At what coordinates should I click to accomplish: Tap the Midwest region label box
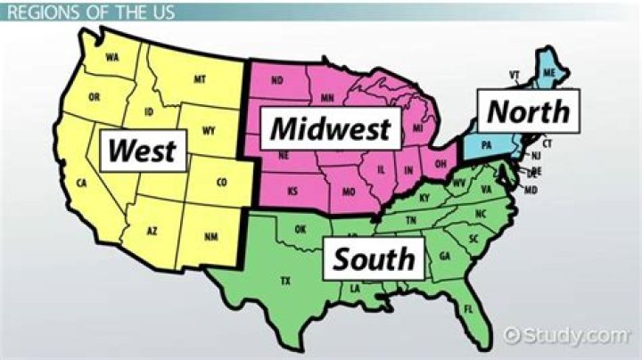coord(331,129)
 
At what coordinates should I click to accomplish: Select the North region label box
coord(528,111)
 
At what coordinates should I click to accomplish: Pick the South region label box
coord(374,258)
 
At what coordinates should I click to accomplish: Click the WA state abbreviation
coord(112,58)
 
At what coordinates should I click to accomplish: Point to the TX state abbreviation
coord(285,281)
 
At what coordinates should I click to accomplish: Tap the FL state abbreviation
coord(468,308)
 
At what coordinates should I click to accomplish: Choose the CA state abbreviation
coord(81,184)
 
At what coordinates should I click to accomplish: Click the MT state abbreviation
coord(199,80)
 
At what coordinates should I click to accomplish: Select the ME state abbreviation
coord(549,72)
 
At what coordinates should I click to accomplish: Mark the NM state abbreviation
coord(210,236)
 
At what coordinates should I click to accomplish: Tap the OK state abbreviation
coord(300,229)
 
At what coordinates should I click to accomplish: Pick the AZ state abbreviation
coord(152,231)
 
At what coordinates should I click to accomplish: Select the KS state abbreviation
coord(292,191)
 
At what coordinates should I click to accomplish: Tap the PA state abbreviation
coord(486,144)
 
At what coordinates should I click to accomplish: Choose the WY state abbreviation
coord(209,131)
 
